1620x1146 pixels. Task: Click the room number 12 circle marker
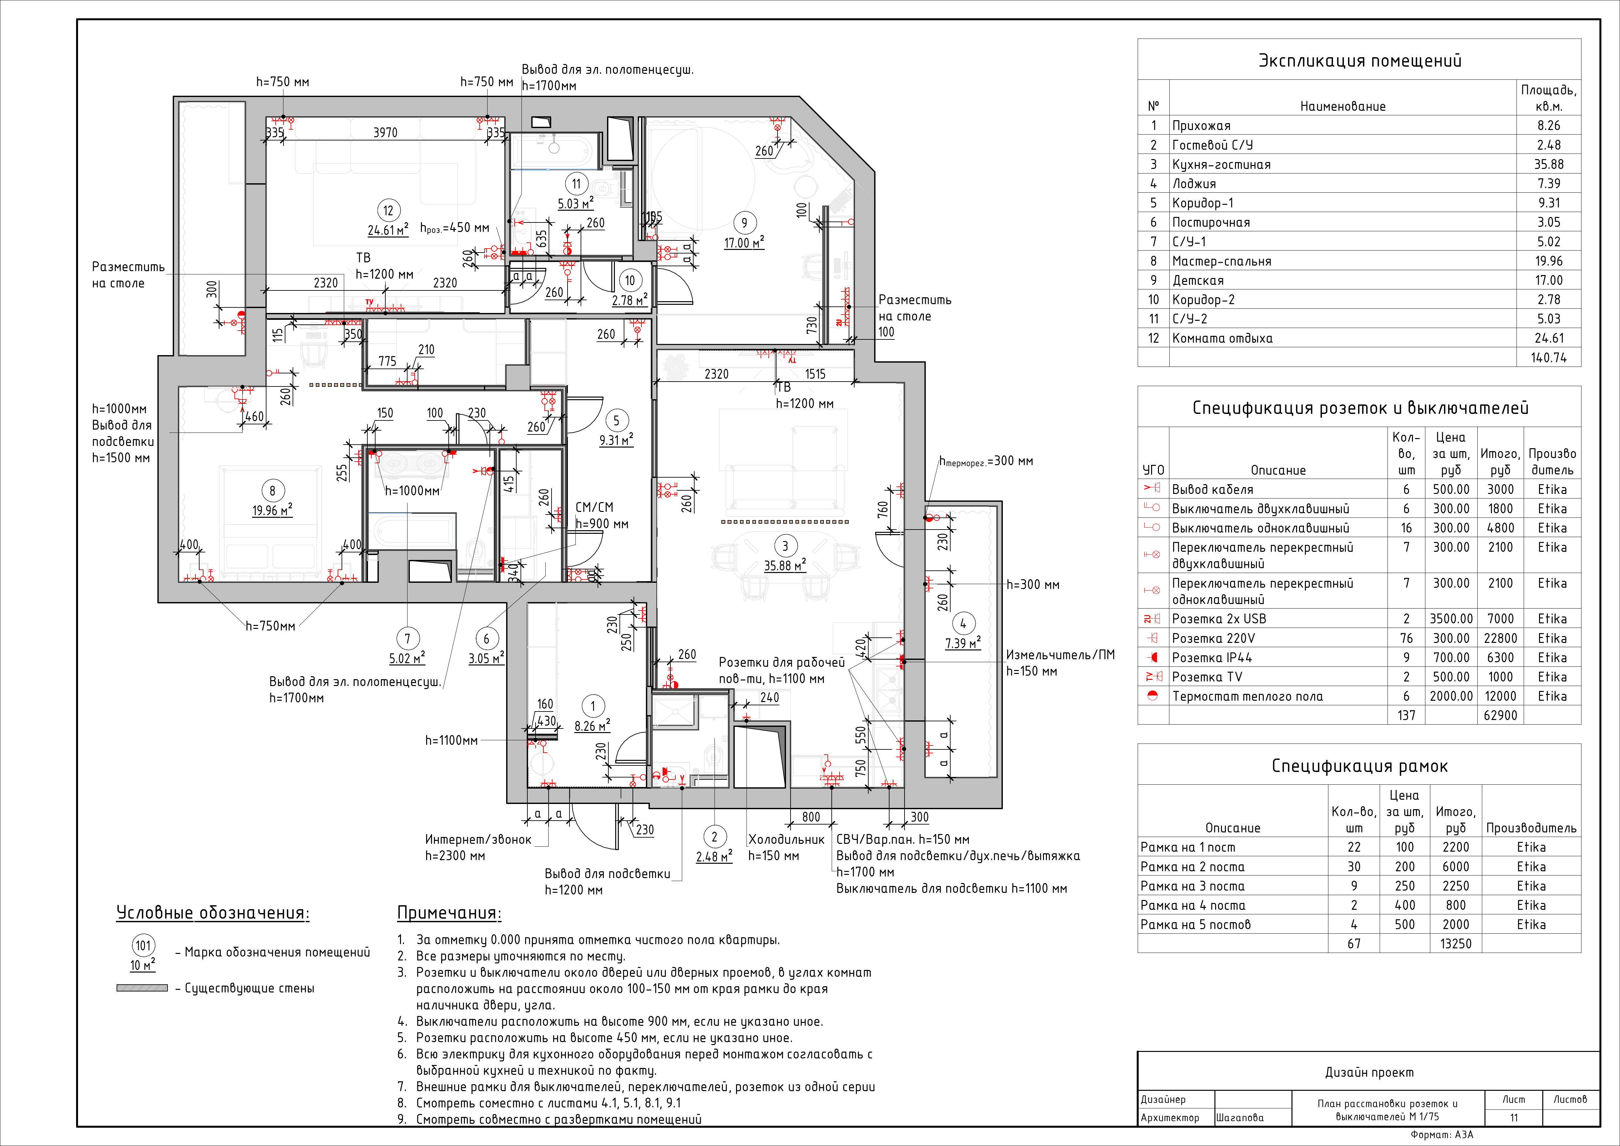point(388,210)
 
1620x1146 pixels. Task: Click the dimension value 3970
point(385,133)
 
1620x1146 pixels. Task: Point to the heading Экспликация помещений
point(1360,61)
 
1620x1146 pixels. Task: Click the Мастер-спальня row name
point(1221,261)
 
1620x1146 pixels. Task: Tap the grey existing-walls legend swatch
point(142,988)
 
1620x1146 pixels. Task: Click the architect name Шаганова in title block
point(1240,1117)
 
